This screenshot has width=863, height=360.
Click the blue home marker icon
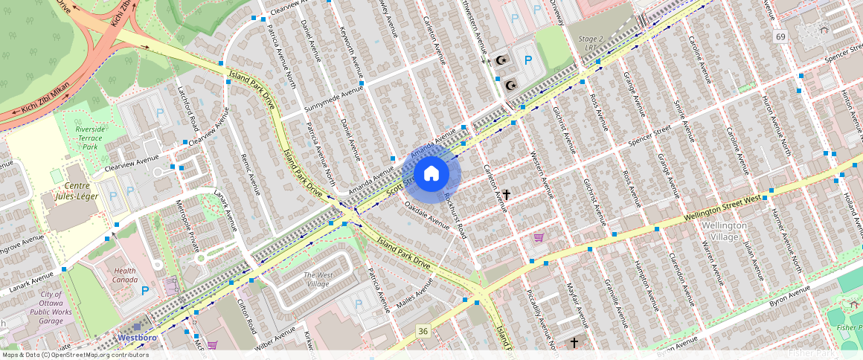point(431,174)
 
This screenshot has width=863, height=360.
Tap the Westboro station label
point(138,337)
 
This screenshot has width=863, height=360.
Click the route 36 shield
point(423,330)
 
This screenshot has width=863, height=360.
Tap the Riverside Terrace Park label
point(91,138)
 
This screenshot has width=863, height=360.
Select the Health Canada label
point(125,275)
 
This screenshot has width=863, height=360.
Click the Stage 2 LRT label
point(591,42)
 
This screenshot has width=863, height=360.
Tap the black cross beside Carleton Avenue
point(507,194)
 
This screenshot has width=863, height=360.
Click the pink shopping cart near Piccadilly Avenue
point(539,238)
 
